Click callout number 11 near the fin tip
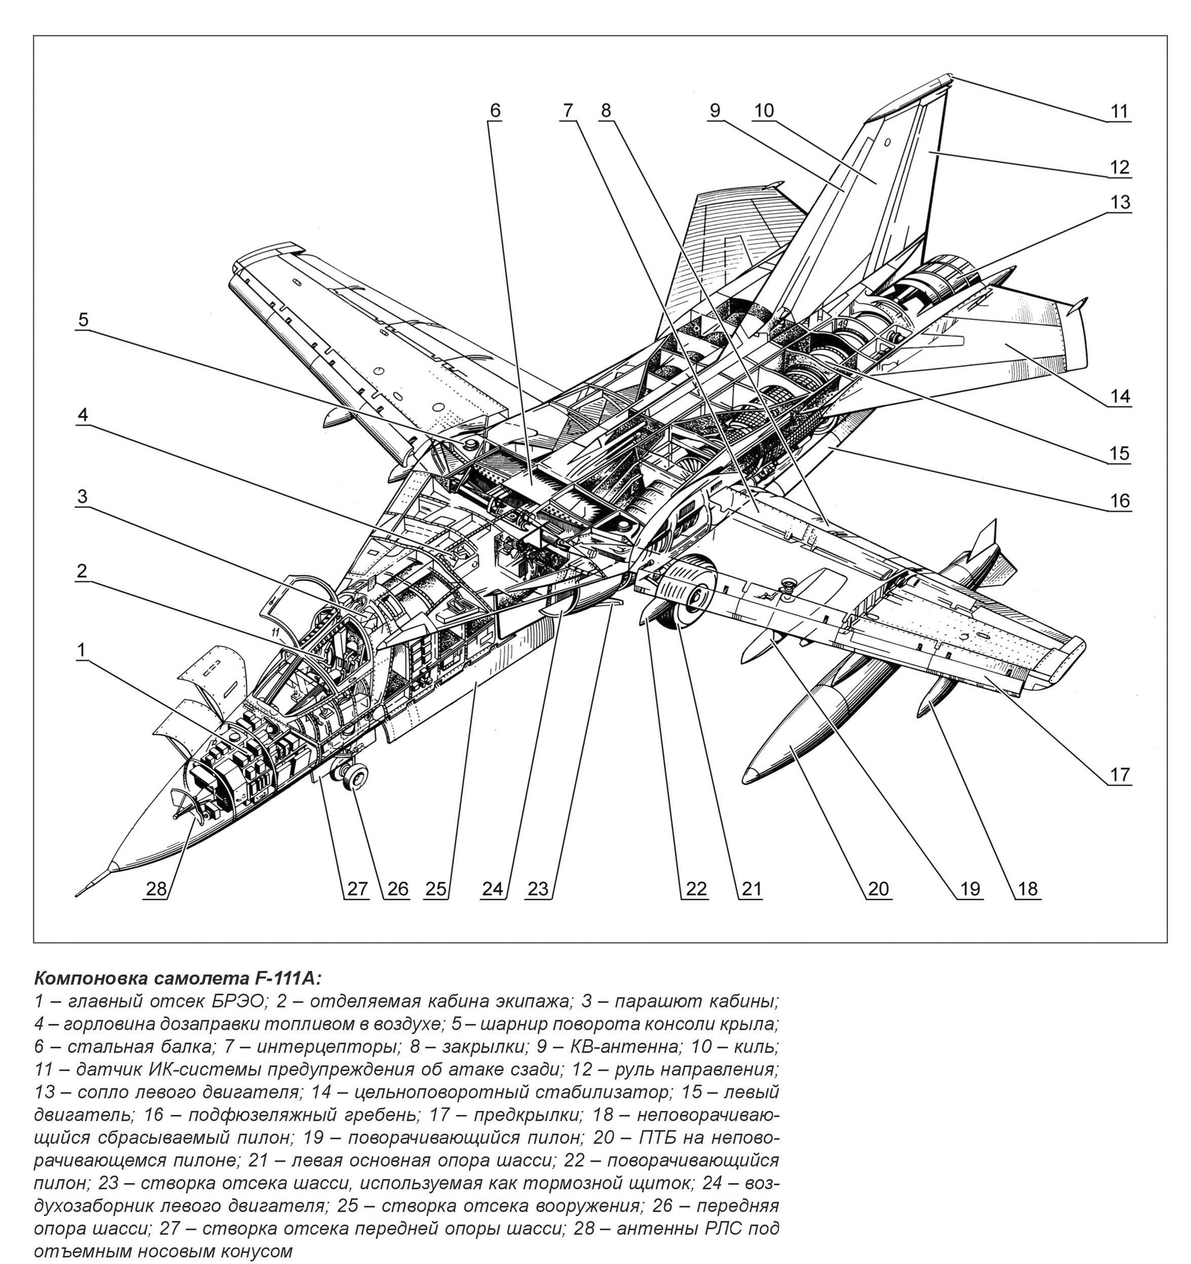click(1119, 111)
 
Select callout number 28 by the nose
click(156, 888)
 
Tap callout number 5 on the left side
click(83, 319)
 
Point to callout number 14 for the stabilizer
click(1120, 396)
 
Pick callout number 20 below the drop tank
click(878, 888)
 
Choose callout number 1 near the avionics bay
click(81, 650)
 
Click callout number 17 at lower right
click(1120, 774)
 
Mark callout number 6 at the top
click(495, 110)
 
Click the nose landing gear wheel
click(357, 776)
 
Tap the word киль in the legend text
click(759, 1047)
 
